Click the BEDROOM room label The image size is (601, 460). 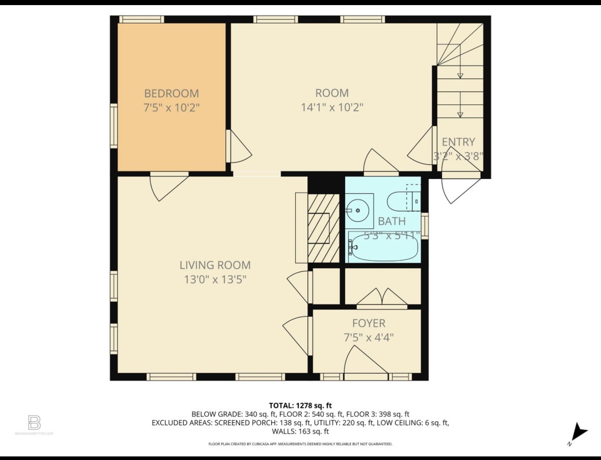[x=171, y=93]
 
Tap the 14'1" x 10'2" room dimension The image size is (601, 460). [x=332, y=107]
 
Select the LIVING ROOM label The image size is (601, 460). [x=215, y=265]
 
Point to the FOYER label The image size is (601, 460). [x=369, y=323]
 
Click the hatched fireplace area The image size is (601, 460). [x=323, y=227]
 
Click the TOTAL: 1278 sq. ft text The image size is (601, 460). [x=300, y=405]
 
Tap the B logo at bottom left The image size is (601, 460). [x=34, y=423]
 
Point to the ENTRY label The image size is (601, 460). [x=458, y=142]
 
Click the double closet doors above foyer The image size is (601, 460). [x=381, y=298]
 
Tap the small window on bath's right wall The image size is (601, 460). [x=425, y=225]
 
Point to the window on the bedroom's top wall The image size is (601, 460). [x=141, y=19]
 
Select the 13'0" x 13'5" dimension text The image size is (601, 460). [x=215, y=279]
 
